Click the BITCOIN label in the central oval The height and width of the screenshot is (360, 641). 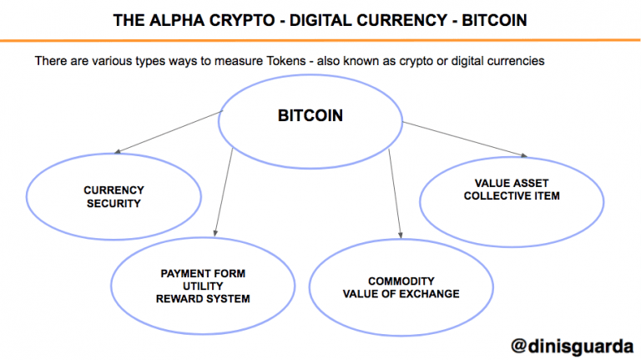pyautogui.click(x=310, y=115)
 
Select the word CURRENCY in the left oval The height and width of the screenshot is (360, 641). pyautogui.click(x=114, y=190)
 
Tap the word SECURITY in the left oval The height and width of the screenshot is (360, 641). pyautogui.click(x=114, y=203)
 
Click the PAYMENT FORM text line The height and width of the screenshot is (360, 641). pyautogui.click(x=203, y=273)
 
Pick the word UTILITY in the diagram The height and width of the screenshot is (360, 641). pyautogui.click(x=203, y=286)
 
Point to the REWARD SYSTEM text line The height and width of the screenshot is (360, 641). pyautogui.click(x=203, y=299)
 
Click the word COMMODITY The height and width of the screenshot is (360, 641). pyautogui.click(x=401, y=281)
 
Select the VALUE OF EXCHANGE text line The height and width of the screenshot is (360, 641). pyautogui.click(x=401, y=294)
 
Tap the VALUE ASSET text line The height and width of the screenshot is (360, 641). pyautogui.click(x=512, y=183)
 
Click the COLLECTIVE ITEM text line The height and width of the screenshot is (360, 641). pyautogui.click(x=512, y=195)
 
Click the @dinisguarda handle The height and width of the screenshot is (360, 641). pyautogui.click(x=573, y=347)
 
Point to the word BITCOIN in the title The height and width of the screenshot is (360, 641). pyautogui.click(x=494, y=20)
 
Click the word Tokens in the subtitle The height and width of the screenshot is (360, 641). pyautogui.click(x=286, y=61)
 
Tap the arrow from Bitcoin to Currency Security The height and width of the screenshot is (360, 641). pyautogui.click(x=169, y=132)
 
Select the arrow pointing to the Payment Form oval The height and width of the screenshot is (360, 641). pyautogui.click(x=224, y=192)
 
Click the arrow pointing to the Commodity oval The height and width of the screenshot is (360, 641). pyautogui.click(x=395, y=194)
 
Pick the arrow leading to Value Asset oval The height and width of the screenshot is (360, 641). pyautogui.click(x=465, y=139)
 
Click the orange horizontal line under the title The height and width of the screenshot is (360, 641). pyautogui.click(x=320, y=40)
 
